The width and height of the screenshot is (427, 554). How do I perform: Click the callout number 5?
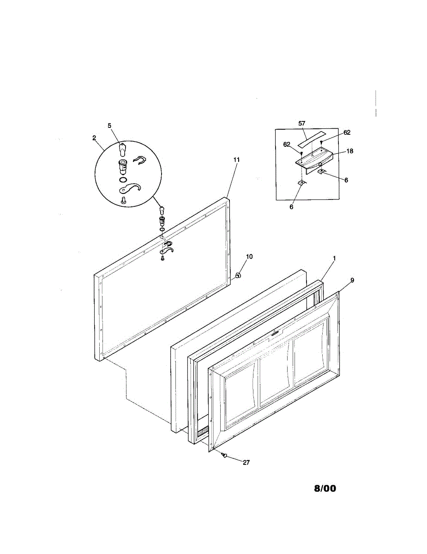(109, 125)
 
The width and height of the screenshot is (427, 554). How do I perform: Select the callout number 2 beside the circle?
(94, 137)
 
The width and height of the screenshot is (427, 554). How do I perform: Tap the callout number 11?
(236, 159)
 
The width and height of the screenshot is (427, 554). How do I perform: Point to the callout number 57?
(302, 124)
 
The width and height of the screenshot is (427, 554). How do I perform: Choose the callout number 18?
(350, 151)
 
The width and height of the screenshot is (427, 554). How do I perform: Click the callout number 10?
(249, 256)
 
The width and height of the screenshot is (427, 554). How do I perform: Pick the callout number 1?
(335, 258)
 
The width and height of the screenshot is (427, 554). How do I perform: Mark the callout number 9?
(352, 280)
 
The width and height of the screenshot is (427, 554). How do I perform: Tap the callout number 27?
(246, 463)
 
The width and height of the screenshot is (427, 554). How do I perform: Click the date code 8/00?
(325, 488)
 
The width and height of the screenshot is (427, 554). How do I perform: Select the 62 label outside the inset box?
(347, 132)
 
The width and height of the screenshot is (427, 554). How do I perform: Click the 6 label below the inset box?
(291, 207)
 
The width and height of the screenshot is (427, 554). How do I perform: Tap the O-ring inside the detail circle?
(122, 179)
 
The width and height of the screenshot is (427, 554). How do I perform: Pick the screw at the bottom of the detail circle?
(123, 200)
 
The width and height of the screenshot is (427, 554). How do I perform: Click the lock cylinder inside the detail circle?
(123, 165)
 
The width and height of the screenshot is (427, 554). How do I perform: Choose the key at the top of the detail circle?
(122, 149)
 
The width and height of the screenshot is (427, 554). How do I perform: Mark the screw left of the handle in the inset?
(301, 153)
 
